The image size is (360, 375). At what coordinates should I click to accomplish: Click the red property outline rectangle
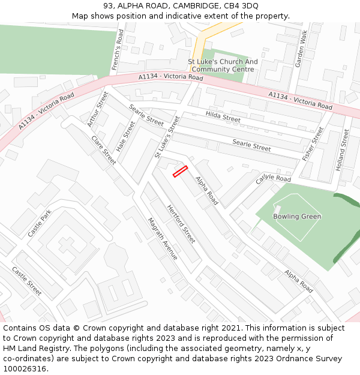pyautogui.click(x=181, y=171)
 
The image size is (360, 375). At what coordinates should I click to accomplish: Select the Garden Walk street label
pyautogui.click(x=301, y=47)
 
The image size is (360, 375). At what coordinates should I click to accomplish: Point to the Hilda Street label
pyautogui.click(x=223, y=116)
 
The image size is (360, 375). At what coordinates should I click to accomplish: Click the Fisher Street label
pyautogui.click(x=313, y=144)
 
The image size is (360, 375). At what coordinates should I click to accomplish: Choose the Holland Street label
pyautogui.click(x=343, y=150)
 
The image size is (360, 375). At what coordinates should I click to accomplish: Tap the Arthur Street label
pyautogui.click(x=98, y=109)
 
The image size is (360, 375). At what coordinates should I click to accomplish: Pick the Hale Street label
pyautogui.click(x=126, y=136)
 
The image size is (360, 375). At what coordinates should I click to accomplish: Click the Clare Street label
pyautogui.click(x=104, y=150)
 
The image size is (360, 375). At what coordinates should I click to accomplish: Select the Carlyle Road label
pyautogui.click(x=273, y=179)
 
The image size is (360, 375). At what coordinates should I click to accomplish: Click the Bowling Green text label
pyautogui.click(x=297, y=217)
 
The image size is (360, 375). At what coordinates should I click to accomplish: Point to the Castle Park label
pyautogui.click(x=40, y=223)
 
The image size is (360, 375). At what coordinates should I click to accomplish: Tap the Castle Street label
pyautogui.click(x=27, y=281)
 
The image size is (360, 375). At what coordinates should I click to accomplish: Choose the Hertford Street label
pyautogui.click(x=181, y=224)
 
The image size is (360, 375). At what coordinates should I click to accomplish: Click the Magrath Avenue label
pyautogui.click(x=163, y=238)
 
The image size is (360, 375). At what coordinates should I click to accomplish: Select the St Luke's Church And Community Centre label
pyautogui.click(x=223, y=65)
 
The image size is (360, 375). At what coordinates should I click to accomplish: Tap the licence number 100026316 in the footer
pyautogui.click(x=25, y=368)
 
